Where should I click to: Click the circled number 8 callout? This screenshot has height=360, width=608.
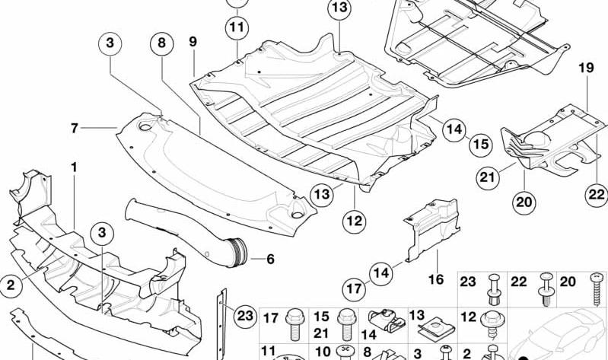(x=161, y=43)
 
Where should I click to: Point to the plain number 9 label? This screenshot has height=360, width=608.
(x=193, y=42)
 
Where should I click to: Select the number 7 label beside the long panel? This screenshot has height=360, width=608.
(x=75, y=128)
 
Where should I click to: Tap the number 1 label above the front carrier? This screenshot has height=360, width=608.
(x=74, y=167)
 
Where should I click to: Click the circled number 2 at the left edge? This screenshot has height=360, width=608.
(x=11, y=285)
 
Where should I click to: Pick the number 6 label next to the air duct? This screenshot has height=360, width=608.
(x=270, y=259)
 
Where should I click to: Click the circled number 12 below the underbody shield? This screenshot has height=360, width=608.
(x=354, y=221)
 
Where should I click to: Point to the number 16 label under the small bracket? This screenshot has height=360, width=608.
(x=436, y=279)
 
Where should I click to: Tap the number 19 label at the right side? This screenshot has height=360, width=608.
(x=586, y=68)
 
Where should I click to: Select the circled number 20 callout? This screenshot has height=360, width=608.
(x=524, y=202)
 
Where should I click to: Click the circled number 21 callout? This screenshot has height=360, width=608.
(x=488, y=177)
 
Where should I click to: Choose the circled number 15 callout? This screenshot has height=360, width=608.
(x=481, y=145)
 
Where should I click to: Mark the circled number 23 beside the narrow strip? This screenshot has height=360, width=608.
(x=245, y=316)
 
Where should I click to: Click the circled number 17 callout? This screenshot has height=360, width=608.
(x=354, y=289)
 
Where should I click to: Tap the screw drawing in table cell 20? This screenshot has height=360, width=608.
(x=597, y=289)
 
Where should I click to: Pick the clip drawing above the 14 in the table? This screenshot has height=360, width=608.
(x=387, y=321)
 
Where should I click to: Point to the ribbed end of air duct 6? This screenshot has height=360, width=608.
(x=238, y=251)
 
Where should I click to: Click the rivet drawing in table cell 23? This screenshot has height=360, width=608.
(x=495, y=289)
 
